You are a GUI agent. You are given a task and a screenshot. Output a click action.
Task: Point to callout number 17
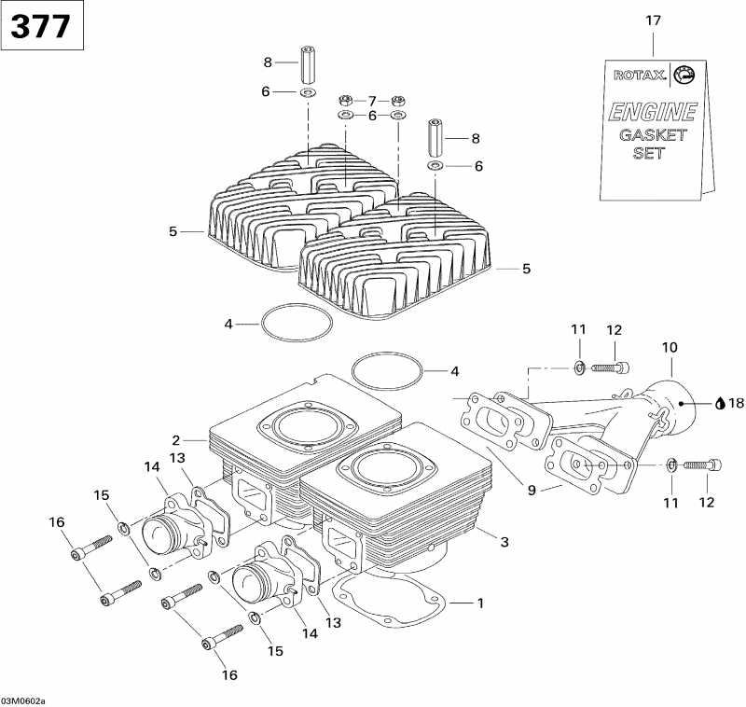[653, 19]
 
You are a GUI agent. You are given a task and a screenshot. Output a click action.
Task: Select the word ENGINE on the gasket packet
[652, 113]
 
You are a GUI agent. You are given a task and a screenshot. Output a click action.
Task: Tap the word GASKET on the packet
[653, 134]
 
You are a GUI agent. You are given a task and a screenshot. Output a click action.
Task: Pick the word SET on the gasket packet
[649, 153]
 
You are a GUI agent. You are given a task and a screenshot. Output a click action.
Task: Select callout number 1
[480, 603]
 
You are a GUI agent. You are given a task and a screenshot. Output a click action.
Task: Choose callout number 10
[670, 347]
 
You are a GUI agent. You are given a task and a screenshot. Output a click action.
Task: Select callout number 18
[737, 404]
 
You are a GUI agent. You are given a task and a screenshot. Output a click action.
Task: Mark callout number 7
[371, 100]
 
